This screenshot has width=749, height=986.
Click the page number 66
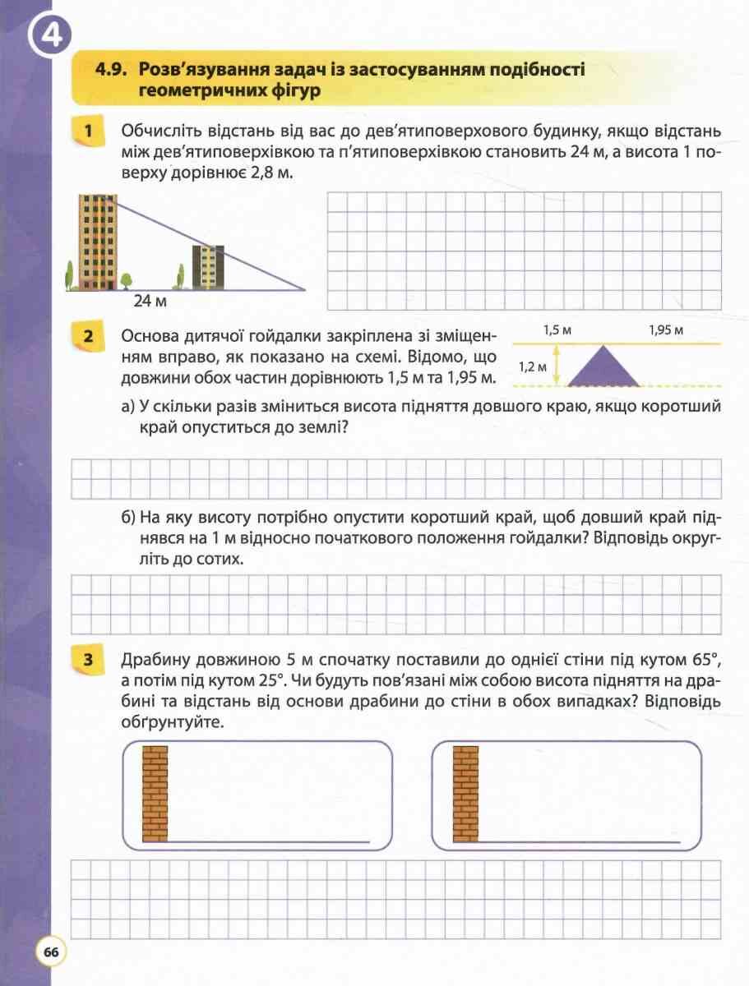(x=50, y=952)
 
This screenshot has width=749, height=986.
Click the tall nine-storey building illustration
(x=95, y=242)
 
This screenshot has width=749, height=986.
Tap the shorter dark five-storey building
(x=208, y=267)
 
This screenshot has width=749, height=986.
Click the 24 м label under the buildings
(x=150, y=302)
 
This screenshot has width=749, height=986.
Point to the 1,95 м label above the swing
(x=666, y=330)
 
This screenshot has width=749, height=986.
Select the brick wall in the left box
(x=155, y=794)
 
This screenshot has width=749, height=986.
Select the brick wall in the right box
(x=465, y=794)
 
